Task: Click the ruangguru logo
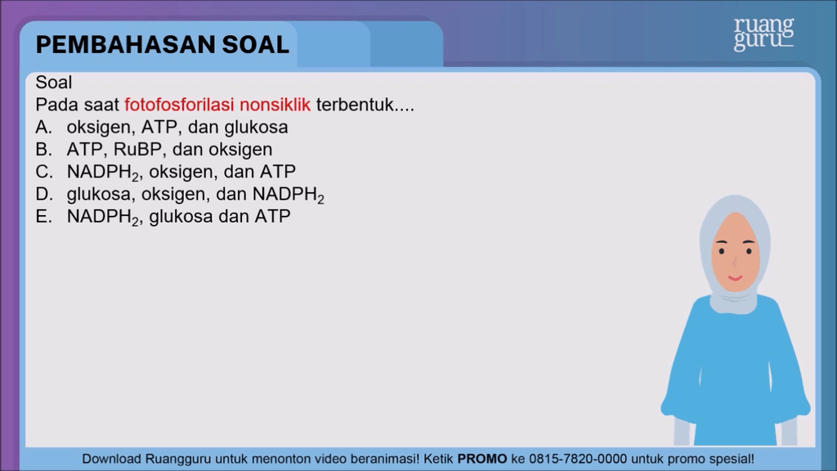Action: pyautogui.click(x=764, y=34)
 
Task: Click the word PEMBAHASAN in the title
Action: pyautogui.click(x=125, y=45)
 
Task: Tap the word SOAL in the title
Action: pyautogui.click(x=256, y=45)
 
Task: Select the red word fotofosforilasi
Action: pyautogui.click(x=179, y=105)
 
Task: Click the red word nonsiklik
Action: pyautogui.click(x=275, y=105)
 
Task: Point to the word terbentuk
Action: pyautogui.click(x=355, y=105)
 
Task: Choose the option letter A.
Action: pyautogui.click(x=44, y=127)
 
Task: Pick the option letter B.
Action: pyautogui.click(x=44, y=150)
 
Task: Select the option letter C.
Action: pyautogui.click(x=44, y=172)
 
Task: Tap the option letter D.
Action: pyautogui.click(x=44, y=195)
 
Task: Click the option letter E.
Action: pyautogui.click(x=44, y=216)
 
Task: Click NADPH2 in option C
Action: pyautogui.click(x=102, y=173)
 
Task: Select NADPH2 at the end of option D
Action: pyautogui.click(x=289, y=195)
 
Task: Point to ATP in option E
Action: pyautogui.click(x=272, y=216)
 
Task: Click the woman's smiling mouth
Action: pyautogui.click(x=735, y=278)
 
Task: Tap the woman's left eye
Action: pyautogui.click(x=749, y=250)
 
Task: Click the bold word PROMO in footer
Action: pyautogui.click(x=482, y=460)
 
